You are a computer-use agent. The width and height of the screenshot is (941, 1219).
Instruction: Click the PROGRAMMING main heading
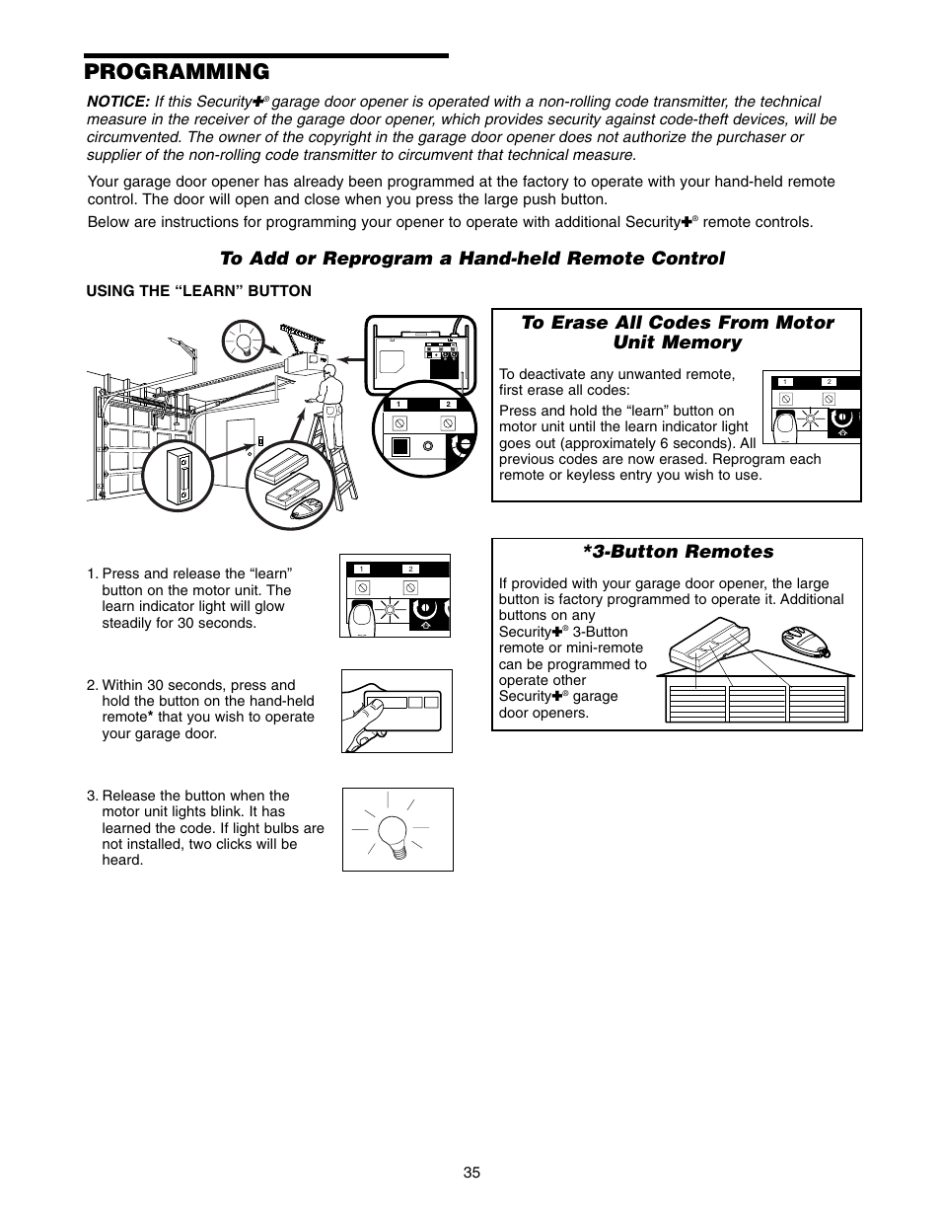(x=177, y=71)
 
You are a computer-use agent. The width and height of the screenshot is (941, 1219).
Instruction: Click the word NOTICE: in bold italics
(x=117, y=102)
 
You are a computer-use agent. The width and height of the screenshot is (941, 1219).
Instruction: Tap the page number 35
(x=470, y=1173)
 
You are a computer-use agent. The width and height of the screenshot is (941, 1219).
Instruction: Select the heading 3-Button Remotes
(x=678, y=552)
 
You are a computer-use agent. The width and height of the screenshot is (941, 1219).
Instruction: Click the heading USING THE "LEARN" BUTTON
(x=199, y=290)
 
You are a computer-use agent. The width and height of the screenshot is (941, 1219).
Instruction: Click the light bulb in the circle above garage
(x=242, y=341)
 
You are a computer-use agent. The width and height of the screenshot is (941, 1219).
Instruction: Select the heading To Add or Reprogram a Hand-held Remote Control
(x=471, y=258)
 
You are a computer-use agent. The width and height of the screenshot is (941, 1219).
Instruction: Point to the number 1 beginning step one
(x=91, y=573)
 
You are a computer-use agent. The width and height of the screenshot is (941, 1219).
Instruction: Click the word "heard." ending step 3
(x=122, y=860)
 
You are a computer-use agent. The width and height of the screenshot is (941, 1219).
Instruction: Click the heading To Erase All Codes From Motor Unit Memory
(x=677, y=333)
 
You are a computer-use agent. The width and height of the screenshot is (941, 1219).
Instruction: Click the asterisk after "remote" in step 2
(x=150, y=718)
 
